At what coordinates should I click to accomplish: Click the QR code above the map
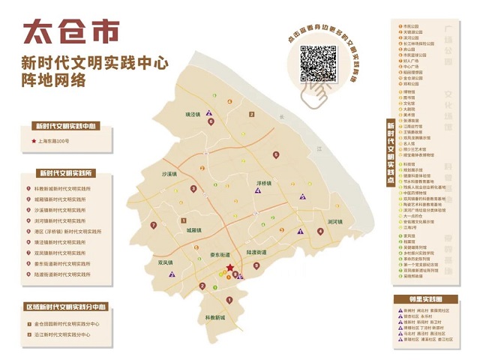[319, 63]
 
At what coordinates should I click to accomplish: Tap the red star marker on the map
[229, 267]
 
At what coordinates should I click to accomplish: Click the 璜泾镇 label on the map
[195, 114]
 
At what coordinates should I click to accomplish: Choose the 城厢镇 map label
[196, 231]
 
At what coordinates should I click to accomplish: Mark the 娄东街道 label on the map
[220, 255]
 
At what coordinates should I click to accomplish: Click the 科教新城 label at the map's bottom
[215, 316]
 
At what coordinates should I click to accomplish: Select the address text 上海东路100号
[53, 141]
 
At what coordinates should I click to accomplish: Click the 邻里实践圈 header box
[424, 298]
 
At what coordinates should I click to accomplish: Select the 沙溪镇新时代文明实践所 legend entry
[62, 210]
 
